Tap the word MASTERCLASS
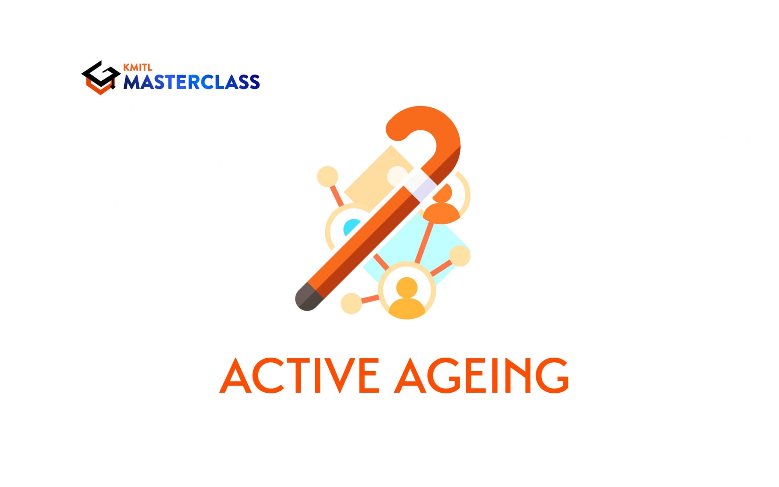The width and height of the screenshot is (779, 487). pyautogui.click(x=192, y=82)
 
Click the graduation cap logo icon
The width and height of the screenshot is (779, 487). pyautogui.click(x=100, y=78)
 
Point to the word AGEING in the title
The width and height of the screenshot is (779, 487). pyautogui.click(x=481, y=376)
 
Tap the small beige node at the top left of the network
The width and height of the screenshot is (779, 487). pyautogui.click(x=327, y=176)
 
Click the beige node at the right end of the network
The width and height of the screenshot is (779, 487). pyautogui.click(x=460, y=256)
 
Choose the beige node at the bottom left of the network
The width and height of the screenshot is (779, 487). pyautogui.click(x=351, y=303)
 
